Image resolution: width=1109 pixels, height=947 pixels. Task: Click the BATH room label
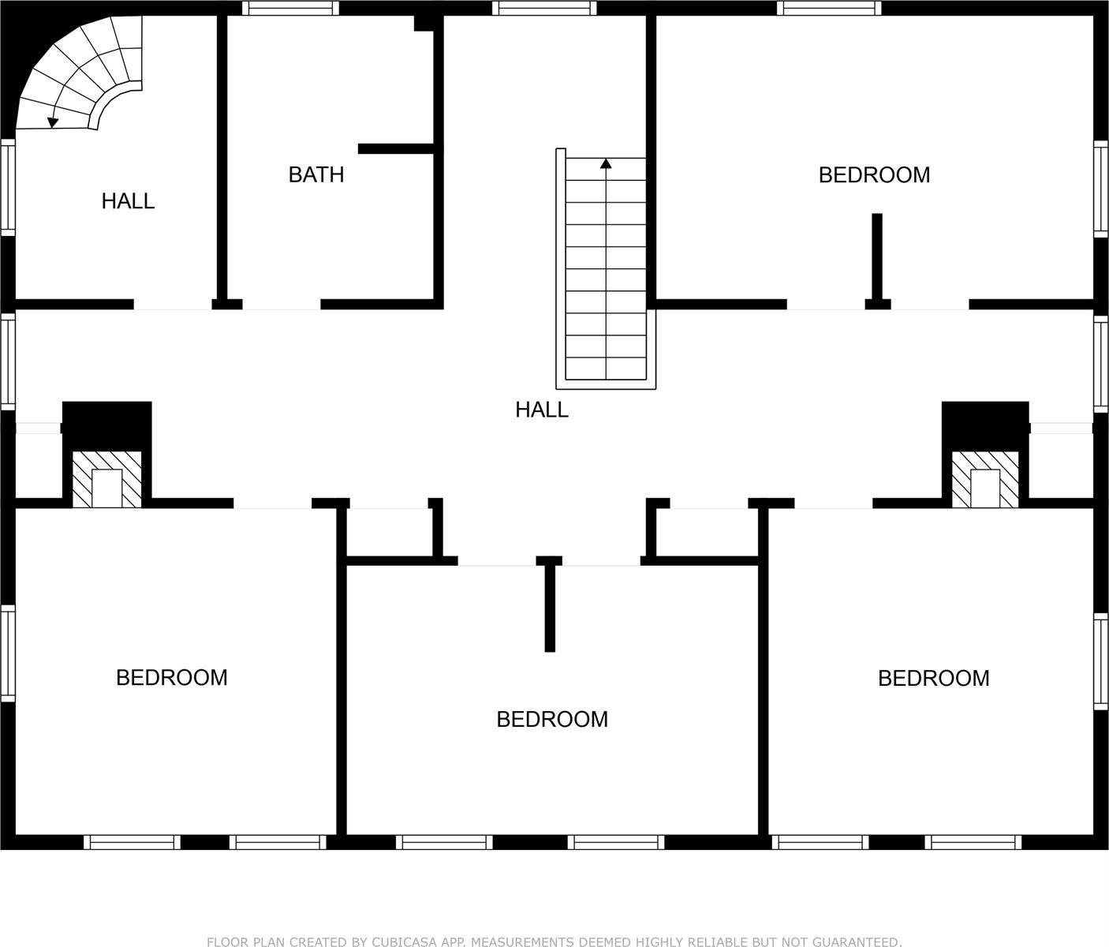tap(316, 174)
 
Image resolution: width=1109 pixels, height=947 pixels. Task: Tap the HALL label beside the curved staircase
tap(128, 201)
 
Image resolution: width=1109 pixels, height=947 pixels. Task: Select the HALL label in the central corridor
tap(542, 410)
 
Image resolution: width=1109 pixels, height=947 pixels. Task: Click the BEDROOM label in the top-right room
tap(874, 174)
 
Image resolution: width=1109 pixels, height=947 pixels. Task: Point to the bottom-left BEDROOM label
tap(172, 677)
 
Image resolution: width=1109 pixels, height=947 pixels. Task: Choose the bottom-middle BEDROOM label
tap(552, 719)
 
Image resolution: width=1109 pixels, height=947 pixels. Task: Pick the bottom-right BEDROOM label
tap(934, 678)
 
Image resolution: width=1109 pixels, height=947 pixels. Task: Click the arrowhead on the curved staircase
tap(53, 122)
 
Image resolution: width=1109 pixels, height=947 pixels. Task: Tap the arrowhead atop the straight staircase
tap(606, 163)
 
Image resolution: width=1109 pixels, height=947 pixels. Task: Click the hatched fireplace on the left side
tap(107, 480)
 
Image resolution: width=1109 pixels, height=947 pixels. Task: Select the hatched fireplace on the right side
tap(985, 480)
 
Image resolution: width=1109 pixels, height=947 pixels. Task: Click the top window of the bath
tap(290, 8)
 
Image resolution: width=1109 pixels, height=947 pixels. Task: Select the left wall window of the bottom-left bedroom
tap(7, 653)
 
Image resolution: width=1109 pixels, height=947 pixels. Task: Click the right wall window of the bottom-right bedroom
tap(1101, 661)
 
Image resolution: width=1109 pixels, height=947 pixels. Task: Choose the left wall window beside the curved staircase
tap(7, 187)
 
